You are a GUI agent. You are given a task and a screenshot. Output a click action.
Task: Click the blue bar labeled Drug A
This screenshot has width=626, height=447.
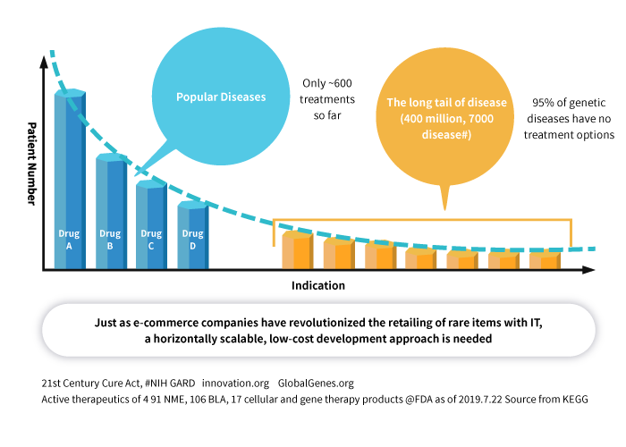[70, 179]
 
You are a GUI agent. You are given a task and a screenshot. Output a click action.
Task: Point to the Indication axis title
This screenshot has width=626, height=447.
[317, 286]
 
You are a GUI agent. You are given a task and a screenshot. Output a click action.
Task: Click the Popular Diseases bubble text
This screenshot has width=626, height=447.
[220, 97]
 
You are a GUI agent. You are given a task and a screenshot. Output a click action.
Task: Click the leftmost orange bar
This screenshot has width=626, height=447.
[296, 250]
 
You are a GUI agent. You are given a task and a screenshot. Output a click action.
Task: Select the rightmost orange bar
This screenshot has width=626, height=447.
[543, 259]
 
